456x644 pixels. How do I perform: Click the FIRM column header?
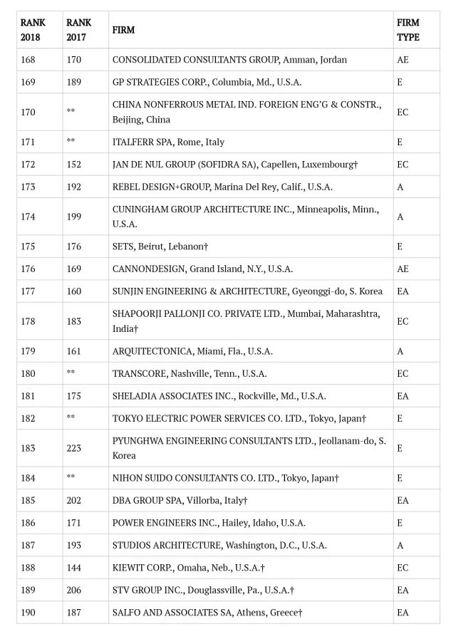tap(123, 30)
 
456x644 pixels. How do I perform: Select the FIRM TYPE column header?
tap(408, 30)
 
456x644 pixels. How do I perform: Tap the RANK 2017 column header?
tap(79, 30)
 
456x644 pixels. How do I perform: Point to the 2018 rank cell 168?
tap(28, 60)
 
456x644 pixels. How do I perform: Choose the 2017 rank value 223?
tap(74, 448)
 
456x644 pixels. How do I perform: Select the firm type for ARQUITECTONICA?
tap(400, 351)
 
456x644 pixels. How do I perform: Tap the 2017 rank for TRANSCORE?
tap(71, 373)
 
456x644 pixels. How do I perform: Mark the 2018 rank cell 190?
tap(28, 613)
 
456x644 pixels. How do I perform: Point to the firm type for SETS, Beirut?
tap(399, 246)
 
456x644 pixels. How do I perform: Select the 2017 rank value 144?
tap(74, 568)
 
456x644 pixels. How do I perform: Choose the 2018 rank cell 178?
tap(28, 321)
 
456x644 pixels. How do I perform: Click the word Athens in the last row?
tap(253, 613)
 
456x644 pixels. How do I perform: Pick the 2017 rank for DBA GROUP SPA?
tap(74, 501)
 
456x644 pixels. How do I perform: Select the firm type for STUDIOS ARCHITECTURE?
tap(400, 545)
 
